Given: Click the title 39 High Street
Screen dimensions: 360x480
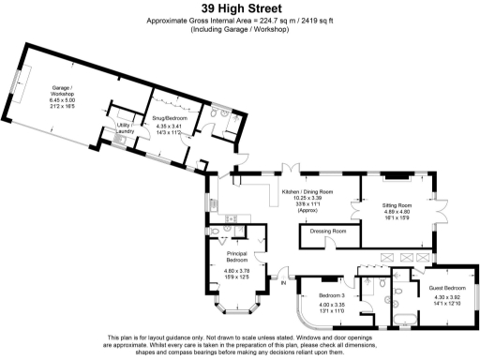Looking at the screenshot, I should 240,8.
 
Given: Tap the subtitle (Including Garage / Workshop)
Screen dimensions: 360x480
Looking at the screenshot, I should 240,29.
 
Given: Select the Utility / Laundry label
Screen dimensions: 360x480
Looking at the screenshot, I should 124,127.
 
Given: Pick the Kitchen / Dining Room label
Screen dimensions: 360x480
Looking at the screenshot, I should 307,191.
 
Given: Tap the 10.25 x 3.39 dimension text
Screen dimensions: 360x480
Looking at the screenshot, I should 307,199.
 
